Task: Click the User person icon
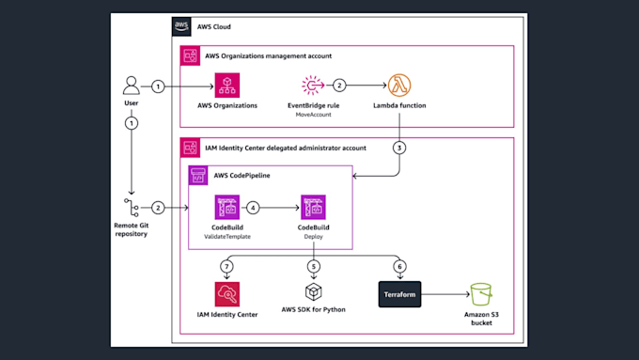coord(132,86)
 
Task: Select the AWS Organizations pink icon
coord(227,86)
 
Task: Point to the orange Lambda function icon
coord(400,86)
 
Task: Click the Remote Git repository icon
coord(132,207)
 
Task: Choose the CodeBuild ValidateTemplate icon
coord(227,207)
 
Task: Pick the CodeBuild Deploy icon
coord(313,207)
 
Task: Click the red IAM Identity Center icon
coord(227,293)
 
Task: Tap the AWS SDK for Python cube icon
coord(313,293)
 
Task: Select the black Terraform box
coord(399,293)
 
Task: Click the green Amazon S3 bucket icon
coord(481,293)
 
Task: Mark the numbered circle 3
coord(399,147)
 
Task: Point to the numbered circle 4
coord(253,207)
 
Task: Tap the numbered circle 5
coord(313,266)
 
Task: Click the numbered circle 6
coord(399,266)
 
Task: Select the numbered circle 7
coord(227,266)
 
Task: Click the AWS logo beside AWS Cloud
coord(181,26)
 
